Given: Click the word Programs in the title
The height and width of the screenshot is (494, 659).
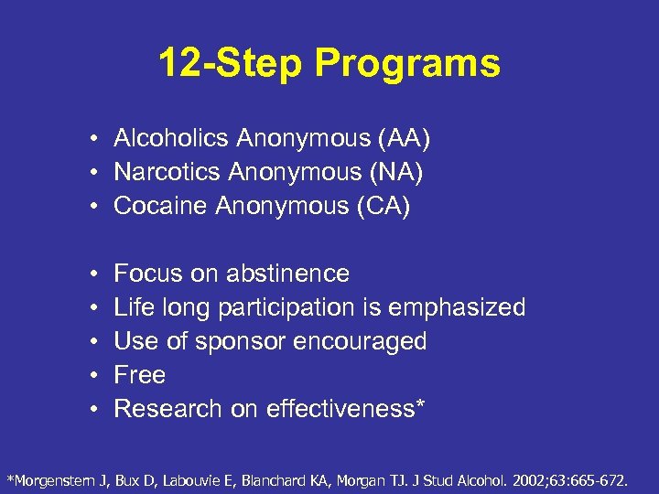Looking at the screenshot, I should tap(408, 64).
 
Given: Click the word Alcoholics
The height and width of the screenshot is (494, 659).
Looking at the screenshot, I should tap(171, 138).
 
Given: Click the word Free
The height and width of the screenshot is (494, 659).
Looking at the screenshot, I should tap(139, 375).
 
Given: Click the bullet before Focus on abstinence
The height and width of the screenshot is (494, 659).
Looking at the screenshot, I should tap(94, 274).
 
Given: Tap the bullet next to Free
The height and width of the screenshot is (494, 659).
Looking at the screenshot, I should tap(94, 376).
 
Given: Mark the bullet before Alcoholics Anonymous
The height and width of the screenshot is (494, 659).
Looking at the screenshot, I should tap(94, 139).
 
